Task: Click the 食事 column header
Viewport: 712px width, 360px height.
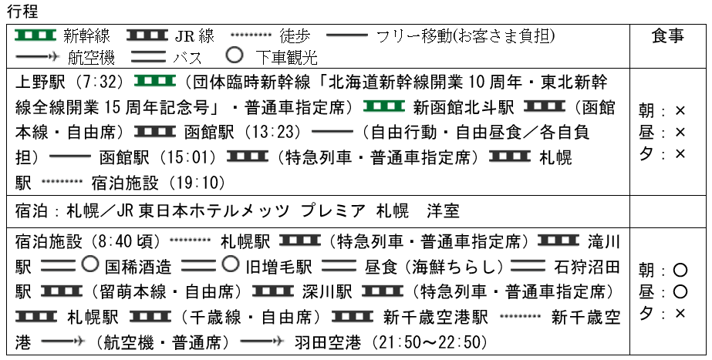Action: (667, 36)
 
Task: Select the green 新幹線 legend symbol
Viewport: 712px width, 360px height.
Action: (36, 36)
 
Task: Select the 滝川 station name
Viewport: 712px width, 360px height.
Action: (604, 241)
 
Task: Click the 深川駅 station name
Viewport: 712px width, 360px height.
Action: (329, 291)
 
